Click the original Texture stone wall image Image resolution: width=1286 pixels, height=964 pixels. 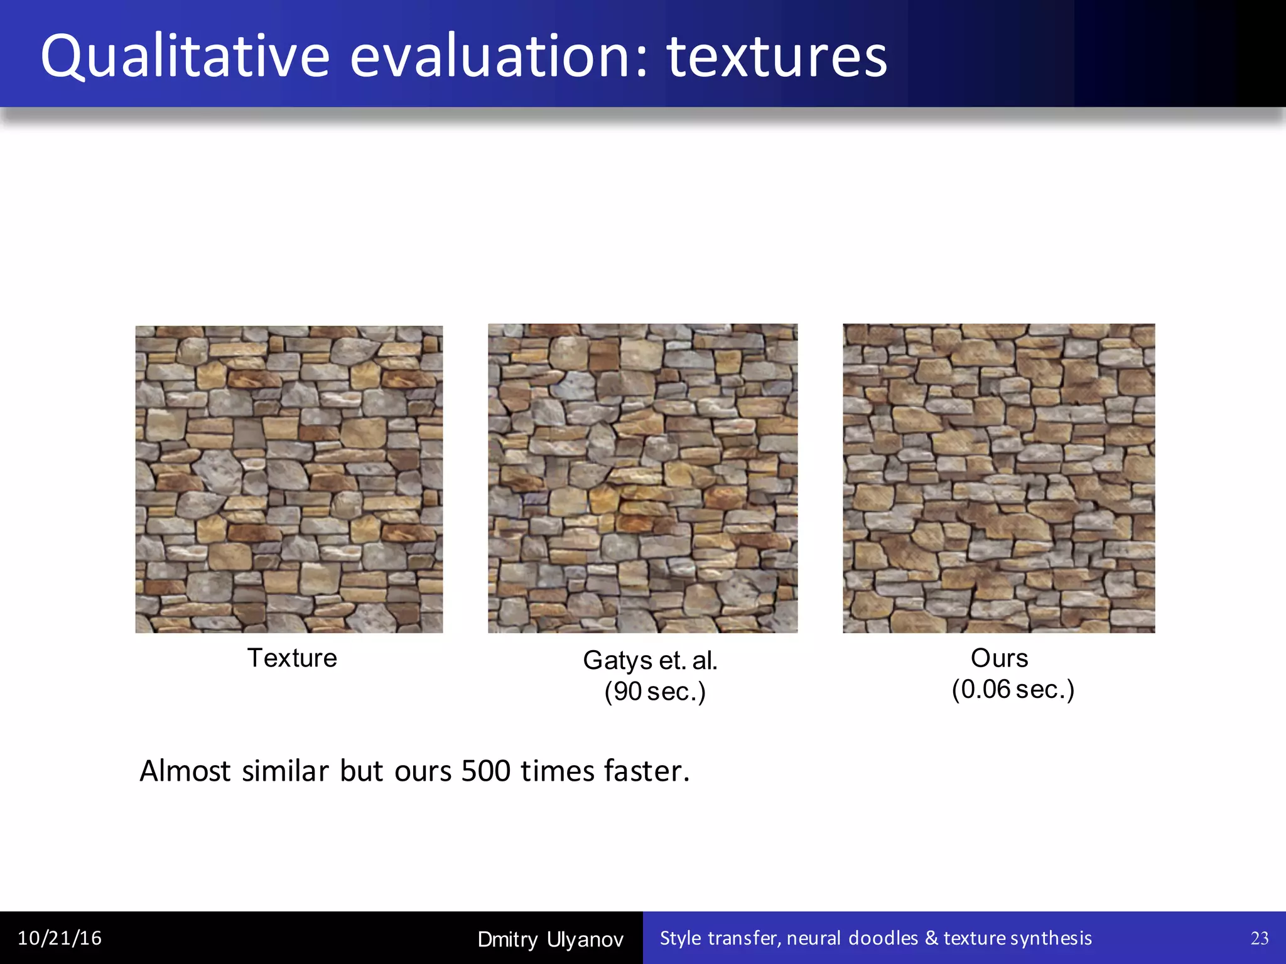click(x=289, y=479)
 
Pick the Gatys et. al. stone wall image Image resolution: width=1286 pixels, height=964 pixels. click(x=642, y=478)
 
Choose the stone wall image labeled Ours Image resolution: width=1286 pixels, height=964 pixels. click(x=998, y=478)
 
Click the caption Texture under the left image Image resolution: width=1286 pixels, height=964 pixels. click(x=292, y=658)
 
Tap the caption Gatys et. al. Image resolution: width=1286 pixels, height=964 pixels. click(x=650, y=660)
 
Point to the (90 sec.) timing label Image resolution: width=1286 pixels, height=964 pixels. click(x=655, y=691)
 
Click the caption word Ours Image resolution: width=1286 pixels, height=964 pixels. click(x=999, y=658)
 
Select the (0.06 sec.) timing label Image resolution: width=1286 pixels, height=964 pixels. click(x=1013, y=689)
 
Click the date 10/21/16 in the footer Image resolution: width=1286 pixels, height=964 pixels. click(x=60, y=938)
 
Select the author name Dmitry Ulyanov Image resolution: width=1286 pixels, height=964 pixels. click(x=550, y=940)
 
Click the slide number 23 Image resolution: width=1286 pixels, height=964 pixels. click(x=1260, y=938)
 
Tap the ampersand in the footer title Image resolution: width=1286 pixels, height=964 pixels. click(x=932, y=938)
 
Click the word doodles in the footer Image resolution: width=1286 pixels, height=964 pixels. click(x=883, y=938)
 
